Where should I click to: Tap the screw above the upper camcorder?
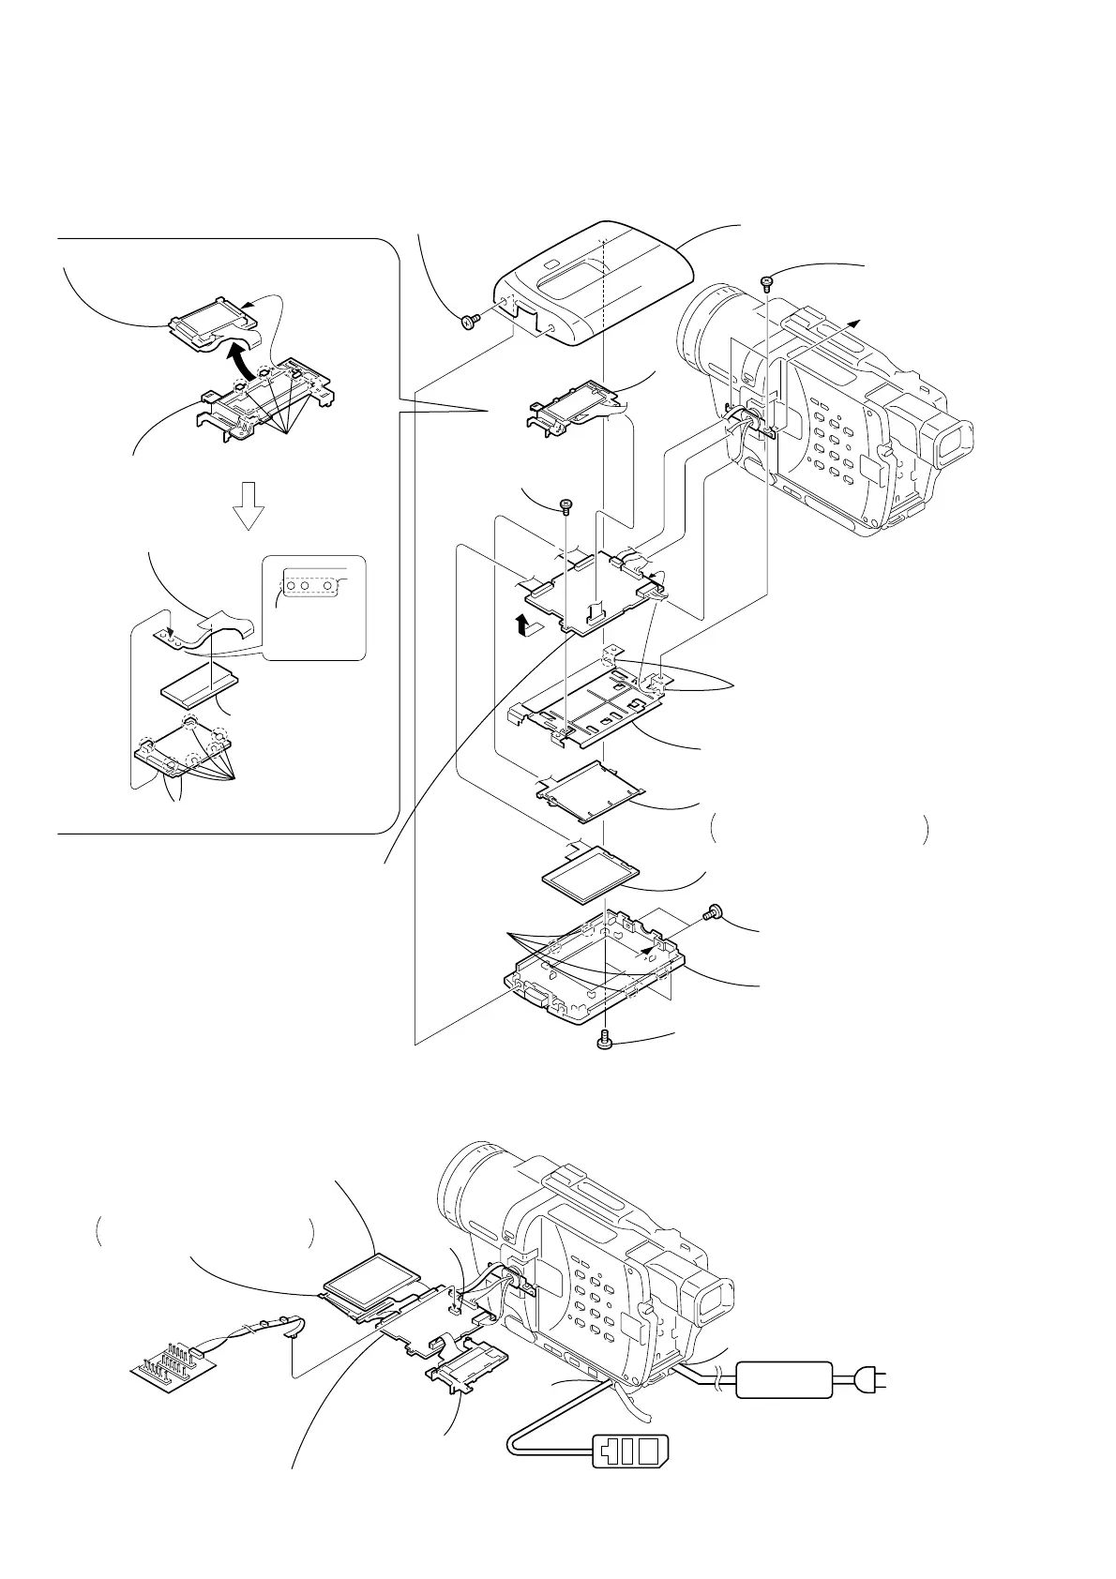766,280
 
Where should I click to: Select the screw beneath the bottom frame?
606,1039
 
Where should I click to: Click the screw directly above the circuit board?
566,506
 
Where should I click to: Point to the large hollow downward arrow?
249,506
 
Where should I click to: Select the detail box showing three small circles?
314,608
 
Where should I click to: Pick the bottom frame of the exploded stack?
600,966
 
